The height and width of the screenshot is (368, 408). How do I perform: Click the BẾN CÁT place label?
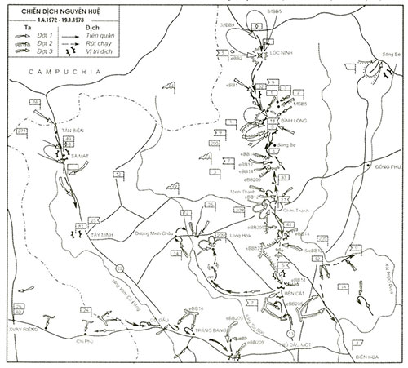click(x=282, y=291)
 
